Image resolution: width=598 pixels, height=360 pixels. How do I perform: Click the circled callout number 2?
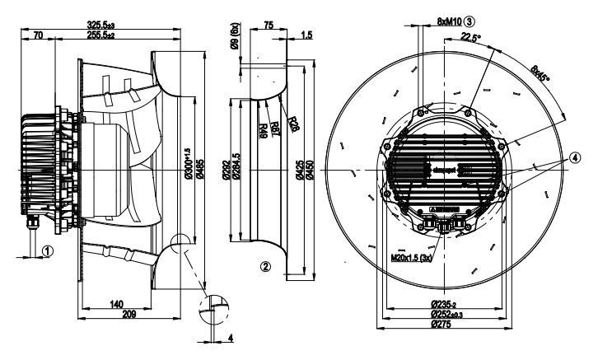(x=265, y=266)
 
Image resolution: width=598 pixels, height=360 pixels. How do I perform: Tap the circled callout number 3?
(x=470, y=21)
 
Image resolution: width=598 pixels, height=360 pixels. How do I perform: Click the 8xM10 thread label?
(x=443, y=21)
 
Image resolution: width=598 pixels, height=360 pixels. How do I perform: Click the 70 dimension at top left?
(x=39, y=36)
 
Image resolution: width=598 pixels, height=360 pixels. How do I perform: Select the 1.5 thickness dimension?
(x=306, y=36)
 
